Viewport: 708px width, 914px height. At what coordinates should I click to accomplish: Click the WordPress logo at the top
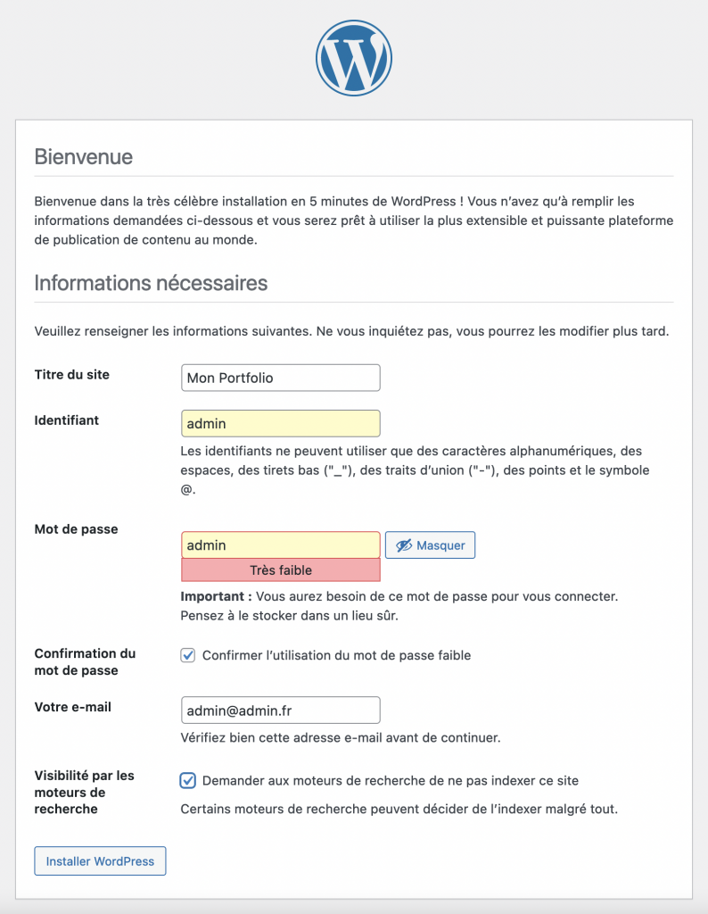point(354,56)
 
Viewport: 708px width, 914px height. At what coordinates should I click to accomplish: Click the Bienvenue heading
point(83,157)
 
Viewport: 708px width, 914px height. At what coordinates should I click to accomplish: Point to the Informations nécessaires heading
point(151,283)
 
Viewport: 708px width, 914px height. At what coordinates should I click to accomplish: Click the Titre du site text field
point(280,378)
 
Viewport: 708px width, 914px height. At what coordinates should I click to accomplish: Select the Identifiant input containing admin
point(280,423)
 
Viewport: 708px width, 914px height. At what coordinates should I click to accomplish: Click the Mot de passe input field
point(280,545)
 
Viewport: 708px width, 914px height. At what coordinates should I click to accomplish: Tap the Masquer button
point(430,545)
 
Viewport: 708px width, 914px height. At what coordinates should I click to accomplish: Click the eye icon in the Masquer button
point(404,545)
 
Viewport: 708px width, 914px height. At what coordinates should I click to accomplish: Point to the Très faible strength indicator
point(280,569)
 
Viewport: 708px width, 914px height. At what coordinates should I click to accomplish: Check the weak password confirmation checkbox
point(188,655)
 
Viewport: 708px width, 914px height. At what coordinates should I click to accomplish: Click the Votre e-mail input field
point(280,710)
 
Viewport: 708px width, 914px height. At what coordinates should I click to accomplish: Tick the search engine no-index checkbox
point(188,780)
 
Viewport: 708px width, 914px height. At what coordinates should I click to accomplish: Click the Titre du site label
point(71,375)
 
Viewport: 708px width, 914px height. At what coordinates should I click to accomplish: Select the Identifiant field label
point(66,420)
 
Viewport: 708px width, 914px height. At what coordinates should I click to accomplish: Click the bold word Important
point(210,595)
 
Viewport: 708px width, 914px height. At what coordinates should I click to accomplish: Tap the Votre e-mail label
point(72,707)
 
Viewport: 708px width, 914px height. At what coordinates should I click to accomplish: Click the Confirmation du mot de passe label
point(85,661)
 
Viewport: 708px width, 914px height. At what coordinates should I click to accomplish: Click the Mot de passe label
point(76,529)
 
